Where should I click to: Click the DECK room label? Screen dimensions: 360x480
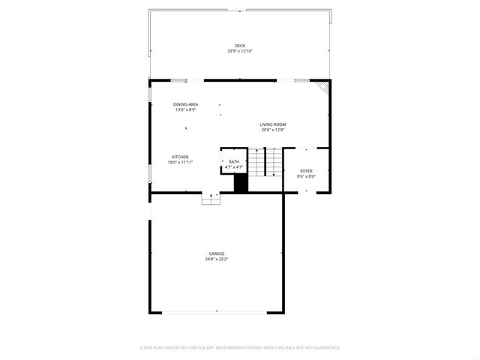[240, 46]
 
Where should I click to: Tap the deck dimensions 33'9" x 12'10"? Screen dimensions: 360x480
[240, 51]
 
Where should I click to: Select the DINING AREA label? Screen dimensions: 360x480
[185, 104]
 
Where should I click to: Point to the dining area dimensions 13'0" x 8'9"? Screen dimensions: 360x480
[185, 109]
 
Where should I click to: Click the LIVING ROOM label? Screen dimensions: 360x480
[273, 124]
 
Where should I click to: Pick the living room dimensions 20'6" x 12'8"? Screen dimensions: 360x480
[273, 130]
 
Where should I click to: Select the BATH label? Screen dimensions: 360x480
[234, 161]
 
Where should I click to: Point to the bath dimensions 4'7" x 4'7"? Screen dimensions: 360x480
[234, 166]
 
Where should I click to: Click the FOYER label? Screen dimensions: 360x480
[306, 172]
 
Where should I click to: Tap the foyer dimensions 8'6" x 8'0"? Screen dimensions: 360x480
[306, 177]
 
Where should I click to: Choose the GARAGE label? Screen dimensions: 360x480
[217, 253]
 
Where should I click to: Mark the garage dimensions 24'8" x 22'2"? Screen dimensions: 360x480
[217, 259]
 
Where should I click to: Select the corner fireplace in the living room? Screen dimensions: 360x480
[323, 87]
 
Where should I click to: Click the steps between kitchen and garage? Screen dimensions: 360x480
[211, 199]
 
